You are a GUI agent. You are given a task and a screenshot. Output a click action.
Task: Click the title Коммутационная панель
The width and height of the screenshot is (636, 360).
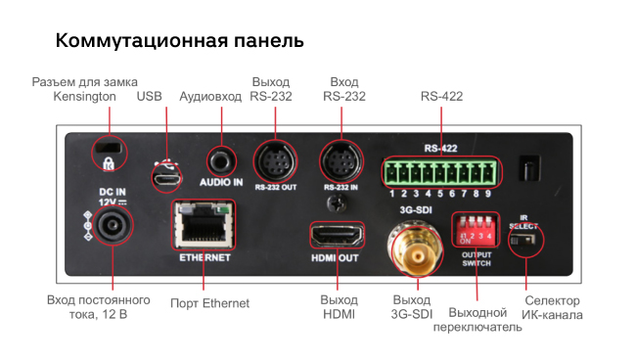[179, 42]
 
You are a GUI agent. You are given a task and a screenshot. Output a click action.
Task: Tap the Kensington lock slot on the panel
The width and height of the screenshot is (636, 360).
[105, 153]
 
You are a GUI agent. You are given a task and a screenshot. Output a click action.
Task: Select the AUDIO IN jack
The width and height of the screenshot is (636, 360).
[222, 158]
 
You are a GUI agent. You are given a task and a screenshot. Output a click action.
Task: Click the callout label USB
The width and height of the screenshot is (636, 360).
[150, 97]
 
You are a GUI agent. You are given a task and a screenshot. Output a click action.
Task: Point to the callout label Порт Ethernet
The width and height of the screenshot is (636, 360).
[209, 303]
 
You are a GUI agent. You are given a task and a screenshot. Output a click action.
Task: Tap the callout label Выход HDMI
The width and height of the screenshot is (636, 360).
[338, 307]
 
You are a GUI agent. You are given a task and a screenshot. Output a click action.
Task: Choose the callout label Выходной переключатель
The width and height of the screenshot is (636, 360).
[477, 319]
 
